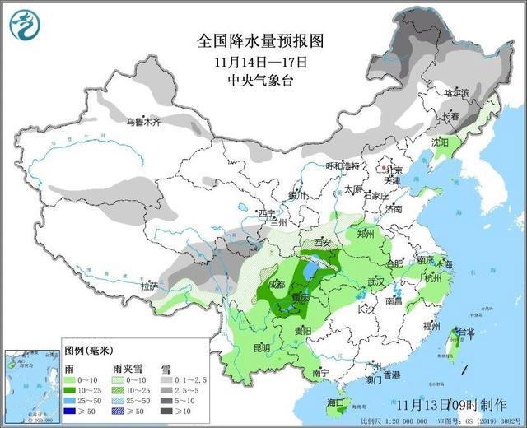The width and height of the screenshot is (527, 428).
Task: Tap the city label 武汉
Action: [x=376, y=281]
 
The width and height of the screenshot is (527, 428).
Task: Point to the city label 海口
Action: [x=334, y=402]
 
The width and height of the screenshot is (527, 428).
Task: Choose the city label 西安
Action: [x=320, y=243]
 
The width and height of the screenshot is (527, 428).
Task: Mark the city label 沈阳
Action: [x=442, y=142]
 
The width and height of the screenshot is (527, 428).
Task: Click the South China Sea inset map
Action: [x=30, y=379]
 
